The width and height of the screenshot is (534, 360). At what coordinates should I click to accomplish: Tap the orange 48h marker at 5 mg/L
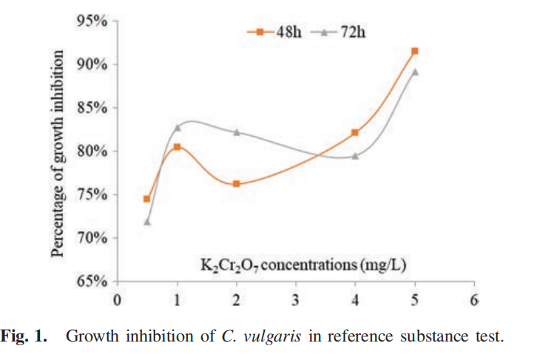pyautogui.click(x=415, y=51)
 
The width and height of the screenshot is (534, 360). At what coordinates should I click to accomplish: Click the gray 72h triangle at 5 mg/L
pyautogui.click(x=415, y=72)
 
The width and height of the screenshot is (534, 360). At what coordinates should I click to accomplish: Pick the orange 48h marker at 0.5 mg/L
pyautogui.click(x=146, y=199)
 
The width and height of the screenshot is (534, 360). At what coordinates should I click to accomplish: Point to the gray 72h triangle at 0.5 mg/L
pyautogui.click(x=146, y=221)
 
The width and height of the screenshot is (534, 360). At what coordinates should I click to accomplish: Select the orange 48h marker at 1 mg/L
pyautogui.click(x=177, y=147)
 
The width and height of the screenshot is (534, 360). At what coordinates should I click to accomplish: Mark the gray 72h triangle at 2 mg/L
pyautogui.click(x=236, y=132)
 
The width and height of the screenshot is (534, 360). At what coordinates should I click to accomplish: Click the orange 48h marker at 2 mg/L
pyautogui.click(x=236, y=183)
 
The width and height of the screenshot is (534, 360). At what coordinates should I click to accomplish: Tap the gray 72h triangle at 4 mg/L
pyautogui.click(x=355, y=155)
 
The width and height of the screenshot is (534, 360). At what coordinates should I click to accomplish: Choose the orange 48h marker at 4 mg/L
pyautogui.click(x=355, y=132)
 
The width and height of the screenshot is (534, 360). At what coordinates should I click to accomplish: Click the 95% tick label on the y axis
pyautogui.click(x=94, y=21)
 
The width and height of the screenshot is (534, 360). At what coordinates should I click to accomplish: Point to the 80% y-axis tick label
pyautogui.click(x=94, y=152)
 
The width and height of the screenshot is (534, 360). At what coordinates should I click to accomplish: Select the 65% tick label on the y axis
pyautogui.click(x=94, y=282)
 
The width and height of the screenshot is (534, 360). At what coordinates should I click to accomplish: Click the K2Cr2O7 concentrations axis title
pyautogui.click(x=303, y=264)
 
